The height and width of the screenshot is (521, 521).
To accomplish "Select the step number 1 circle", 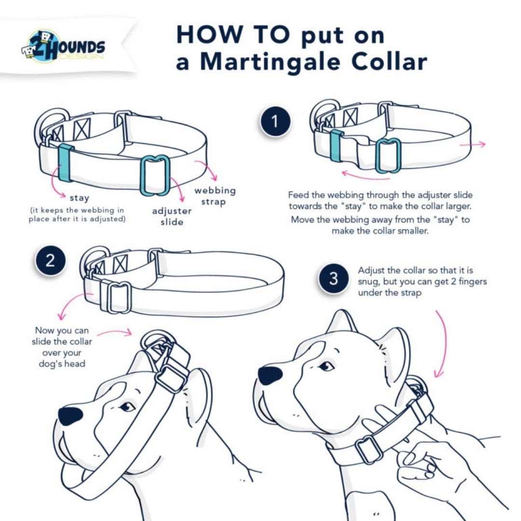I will click(275, 122).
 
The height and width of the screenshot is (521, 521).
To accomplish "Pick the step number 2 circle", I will click(50, 261).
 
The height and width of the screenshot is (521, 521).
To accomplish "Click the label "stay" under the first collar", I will click(80, 198).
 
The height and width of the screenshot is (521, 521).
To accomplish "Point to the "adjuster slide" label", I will click(172, 217).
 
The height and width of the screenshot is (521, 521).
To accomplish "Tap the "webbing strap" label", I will click(215, 195).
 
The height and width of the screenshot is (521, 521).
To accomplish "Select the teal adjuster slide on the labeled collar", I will click(155, 175).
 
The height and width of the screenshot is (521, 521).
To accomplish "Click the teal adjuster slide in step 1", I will click(388, 155).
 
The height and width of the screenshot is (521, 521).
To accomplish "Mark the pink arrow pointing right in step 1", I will click(472, 144).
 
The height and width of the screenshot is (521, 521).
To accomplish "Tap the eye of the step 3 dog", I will click(327, 366).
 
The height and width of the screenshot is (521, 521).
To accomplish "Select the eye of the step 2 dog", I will click(127, 407).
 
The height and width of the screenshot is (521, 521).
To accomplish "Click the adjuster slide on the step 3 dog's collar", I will click(369, 449).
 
